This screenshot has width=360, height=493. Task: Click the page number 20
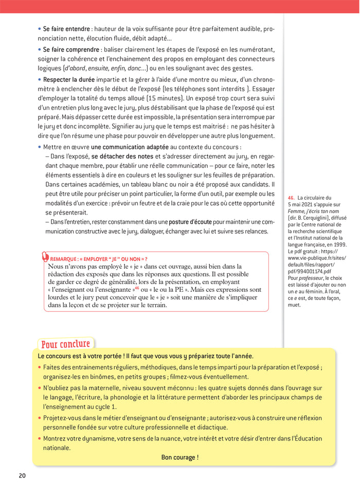22,475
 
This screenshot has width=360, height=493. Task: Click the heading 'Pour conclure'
65,344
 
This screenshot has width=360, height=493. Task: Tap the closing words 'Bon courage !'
179,457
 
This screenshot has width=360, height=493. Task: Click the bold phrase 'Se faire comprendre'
71,49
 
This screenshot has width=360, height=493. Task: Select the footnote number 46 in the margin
291,198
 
